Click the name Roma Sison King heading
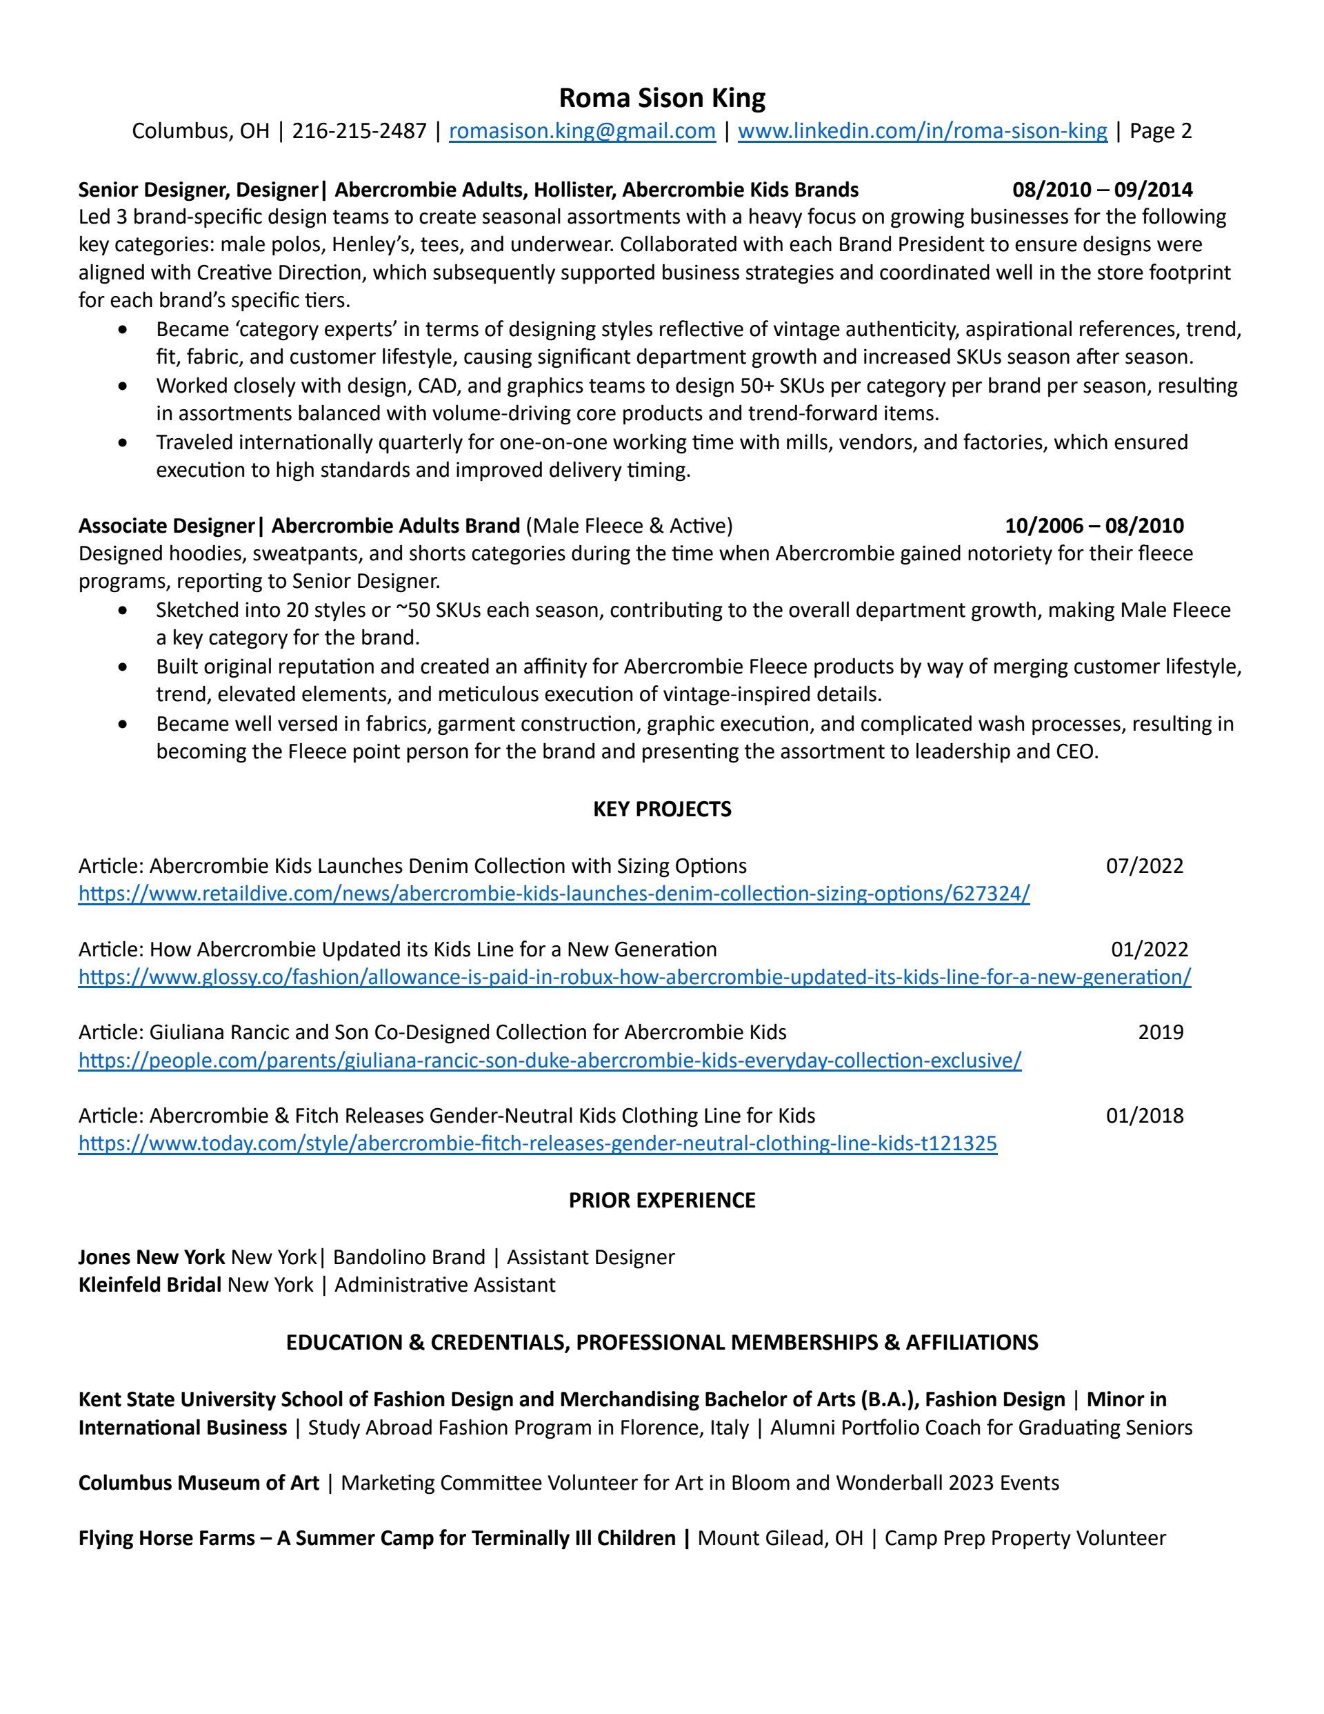tap(661, 98)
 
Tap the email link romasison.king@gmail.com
tap(582, 131)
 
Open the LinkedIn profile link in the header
tap(923, 131)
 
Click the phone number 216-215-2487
tap(359, 131)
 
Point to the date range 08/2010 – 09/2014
tap(1102, 190)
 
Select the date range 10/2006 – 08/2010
tap(1094, 526)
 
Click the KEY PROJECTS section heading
tap(662, 809)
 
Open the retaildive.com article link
tap(554, 894)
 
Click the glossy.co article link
tap(634, 977)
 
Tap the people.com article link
tap(550, 1061)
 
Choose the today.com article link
tap(537, 1143)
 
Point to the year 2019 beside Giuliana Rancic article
tap(1160, 1033)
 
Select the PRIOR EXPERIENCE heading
tap(662, 1201)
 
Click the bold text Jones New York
tap(152, 1257)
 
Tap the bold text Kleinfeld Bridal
tap(150, 1285)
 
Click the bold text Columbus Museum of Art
tap(199, 1482)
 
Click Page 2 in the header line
tap(1160, 131)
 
